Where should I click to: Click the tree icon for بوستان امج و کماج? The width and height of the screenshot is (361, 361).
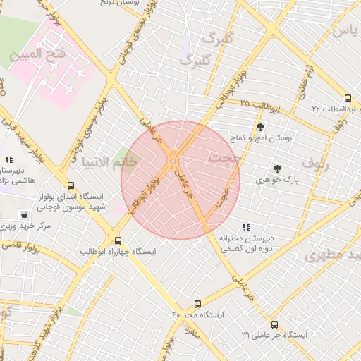tap(261, 128)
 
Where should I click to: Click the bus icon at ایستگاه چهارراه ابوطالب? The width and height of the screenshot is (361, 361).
tap(117, 240)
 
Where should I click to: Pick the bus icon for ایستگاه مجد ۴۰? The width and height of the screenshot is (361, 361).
tap(197, 305)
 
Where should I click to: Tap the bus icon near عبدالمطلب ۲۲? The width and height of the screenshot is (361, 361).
tap(348, 99)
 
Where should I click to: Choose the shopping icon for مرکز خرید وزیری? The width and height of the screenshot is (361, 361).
tap(25, 214)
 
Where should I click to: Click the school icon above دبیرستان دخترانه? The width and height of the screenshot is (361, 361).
tap(246, 227)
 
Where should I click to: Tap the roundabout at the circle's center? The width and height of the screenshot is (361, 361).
tap(173, 166)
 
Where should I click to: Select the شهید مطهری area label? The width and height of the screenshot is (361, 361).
tap(334, 255)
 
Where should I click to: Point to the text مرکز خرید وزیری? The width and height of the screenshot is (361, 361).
tap(26, 226)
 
